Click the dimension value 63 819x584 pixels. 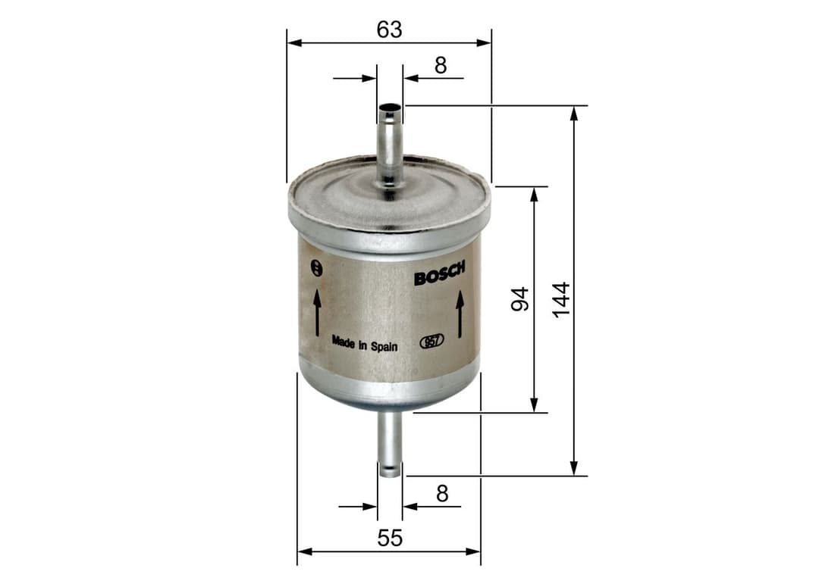pyautogui.click(x=389, y=30)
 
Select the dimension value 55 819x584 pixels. pyautogui.click(x=389, y=539)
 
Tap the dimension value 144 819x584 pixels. pyautogui.click(x=560, y=300)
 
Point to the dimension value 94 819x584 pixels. pyautogui.click(x=519, y=300)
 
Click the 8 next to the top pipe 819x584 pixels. pyautogui.click(x=441, y=66)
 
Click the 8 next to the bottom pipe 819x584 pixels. pyautogui.click(x=442, y=494)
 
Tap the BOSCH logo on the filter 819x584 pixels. pyautogui.click(x=439, y=276)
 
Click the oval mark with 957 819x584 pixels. pyautogui.click(x=431, y=342)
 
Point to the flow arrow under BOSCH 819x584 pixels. pyautogui.click(x=460, y=316)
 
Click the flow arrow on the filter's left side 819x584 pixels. pyautogui.click(x=317, y=312)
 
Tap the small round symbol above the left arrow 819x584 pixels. pyautogui.click(x=317, y=267)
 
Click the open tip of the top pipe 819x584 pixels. pyautogui.click(x=390, y=108)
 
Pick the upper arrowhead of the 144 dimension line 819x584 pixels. pyautogui.click(x=574, y=113)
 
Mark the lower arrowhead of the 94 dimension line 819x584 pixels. pyautogui.click(x=534, y=404)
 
